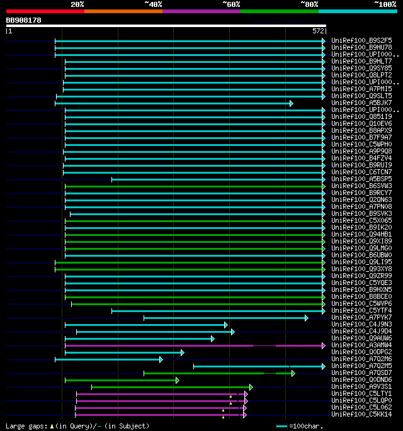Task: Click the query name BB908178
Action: (24, 20)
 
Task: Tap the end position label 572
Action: (318, 31)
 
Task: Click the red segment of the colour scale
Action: (45, 11)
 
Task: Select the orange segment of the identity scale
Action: (123, 11)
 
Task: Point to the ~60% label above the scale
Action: (231, 4)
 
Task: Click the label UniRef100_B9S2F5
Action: (361, 41)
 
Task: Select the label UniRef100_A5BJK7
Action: (361, 103)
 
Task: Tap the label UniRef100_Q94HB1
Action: (361, 234)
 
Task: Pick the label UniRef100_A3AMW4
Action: (361, 345)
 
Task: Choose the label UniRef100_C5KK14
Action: (361, 414)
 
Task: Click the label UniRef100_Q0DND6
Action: (361, 379)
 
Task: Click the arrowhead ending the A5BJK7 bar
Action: (291, 103)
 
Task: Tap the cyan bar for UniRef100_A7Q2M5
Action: (258, 366)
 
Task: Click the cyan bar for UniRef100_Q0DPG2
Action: (123, 352)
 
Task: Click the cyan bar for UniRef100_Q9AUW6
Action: (139, 339)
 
